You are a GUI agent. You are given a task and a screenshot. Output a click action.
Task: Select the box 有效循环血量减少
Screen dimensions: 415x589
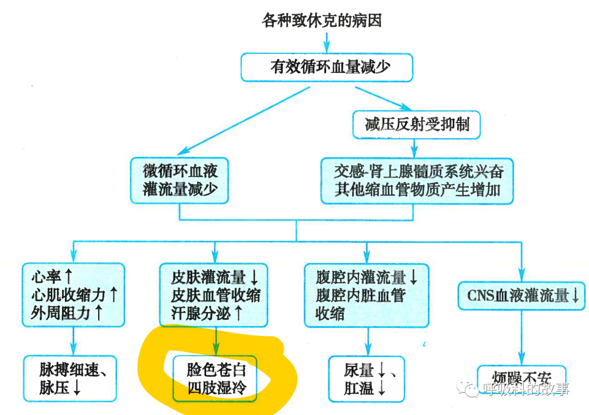[326, 67]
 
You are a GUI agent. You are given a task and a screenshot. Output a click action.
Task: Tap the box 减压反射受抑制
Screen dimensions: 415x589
[417, 124]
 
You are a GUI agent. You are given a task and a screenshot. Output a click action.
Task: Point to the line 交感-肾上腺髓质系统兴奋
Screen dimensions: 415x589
[417, 172]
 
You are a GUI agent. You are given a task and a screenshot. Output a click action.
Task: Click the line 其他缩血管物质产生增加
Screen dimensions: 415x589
[417, 190]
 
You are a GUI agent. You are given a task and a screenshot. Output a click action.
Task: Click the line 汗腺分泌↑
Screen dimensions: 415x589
[207, 313]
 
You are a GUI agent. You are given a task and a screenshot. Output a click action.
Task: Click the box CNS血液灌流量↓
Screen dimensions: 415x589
[522, 296]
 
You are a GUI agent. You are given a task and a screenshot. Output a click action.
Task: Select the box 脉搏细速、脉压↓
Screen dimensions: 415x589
[73, 379]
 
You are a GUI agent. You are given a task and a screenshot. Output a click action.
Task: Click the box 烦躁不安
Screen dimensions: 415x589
[522, 380]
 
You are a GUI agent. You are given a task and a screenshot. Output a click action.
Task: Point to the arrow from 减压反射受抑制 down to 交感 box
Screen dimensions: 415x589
[415, 148]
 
